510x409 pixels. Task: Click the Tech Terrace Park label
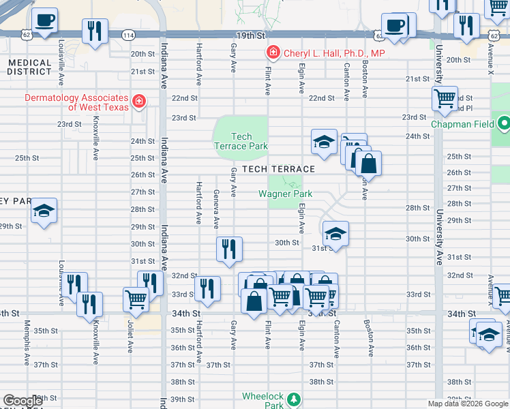click(241, 141)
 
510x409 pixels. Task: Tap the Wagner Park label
click(285, 194)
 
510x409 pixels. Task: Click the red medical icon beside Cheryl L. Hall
click(273, 52)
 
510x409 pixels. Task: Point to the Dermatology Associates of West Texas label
click(76, 102)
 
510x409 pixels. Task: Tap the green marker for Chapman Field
click(504, 124)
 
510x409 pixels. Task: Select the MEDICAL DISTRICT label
click(29, 67)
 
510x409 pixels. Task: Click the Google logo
click(22, 401)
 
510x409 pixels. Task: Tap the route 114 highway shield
click(128, 34)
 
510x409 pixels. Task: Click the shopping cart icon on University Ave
click(445, 97)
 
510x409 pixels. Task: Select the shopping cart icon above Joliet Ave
click(136, 298)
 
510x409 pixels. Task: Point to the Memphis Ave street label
click(27, 338)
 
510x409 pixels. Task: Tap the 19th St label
click(250, 34)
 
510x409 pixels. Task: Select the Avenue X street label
click(490, 59)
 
